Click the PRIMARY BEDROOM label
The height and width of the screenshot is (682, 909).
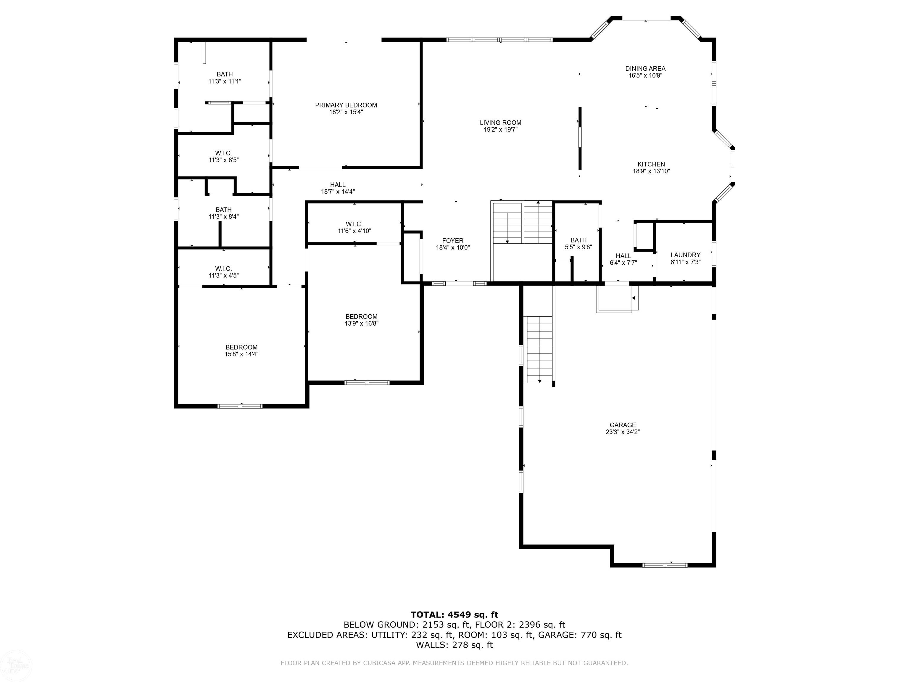click(x=346, y=105)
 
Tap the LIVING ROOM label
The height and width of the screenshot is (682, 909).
click(x=501, y=123)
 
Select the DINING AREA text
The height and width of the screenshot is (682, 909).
click(x=645, y=69)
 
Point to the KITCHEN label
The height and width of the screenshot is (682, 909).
click(x=651, y=165)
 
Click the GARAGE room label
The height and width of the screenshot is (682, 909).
click(x=623, y=425)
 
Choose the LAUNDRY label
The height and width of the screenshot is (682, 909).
click(x=685, y=255)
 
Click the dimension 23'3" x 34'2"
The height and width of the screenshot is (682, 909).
click(x=623, y=432)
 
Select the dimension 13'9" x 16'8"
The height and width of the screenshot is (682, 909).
click(x=362, y=324)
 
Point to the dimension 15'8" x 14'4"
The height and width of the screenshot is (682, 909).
click(x=242, y=354)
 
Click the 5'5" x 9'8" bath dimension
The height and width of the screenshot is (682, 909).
click(x=578, y=247)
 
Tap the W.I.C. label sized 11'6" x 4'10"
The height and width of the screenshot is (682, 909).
click(x=354, y=224)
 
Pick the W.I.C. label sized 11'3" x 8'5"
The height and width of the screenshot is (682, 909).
click(x=224, y=153)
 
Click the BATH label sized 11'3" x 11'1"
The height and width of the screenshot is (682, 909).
click(x=225, y=74)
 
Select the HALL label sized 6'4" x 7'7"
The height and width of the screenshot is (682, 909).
click(x=623, y=256)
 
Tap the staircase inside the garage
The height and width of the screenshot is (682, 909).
click(x=539, y=349)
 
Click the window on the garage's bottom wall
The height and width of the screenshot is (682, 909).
click(x=665, y=565)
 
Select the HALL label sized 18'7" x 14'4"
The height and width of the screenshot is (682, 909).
click(x=338, y=185)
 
